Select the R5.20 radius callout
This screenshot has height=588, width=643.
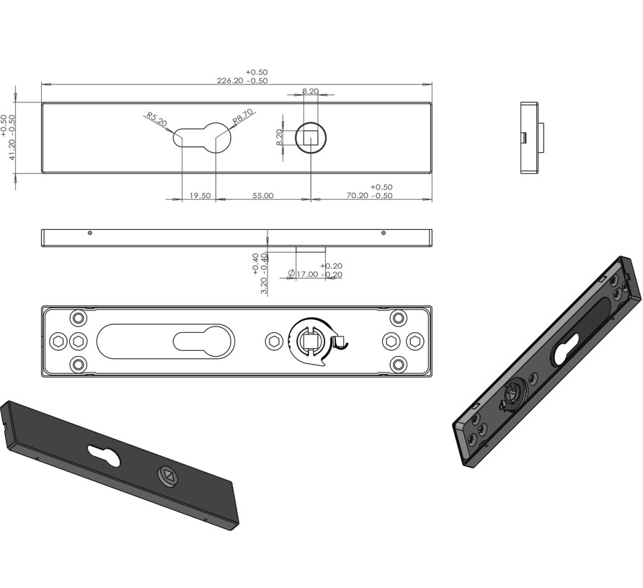click(156, 120)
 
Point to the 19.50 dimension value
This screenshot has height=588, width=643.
click(200, 195)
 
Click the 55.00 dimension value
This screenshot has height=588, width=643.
click(263, 195)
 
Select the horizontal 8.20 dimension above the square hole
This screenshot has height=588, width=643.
click(311, 91)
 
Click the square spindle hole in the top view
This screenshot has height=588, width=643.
click(311, 138)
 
